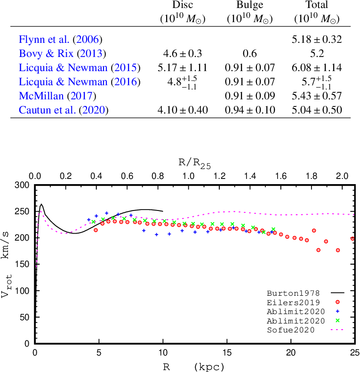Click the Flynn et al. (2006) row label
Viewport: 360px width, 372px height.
61,40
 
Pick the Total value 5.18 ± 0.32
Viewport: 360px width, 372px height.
317,40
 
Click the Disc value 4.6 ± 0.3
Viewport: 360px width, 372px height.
183,54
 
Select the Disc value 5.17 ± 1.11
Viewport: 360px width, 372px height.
183,68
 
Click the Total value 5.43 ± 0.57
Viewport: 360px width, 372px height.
317,97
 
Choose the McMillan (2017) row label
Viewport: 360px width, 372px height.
57,97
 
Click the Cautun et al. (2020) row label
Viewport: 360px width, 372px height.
64,111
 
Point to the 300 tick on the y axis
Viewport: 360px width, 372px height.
23,185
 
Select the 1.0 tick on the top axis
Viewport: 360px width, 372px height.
188,176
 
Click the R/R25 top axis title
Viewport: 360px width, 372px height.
194,164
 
